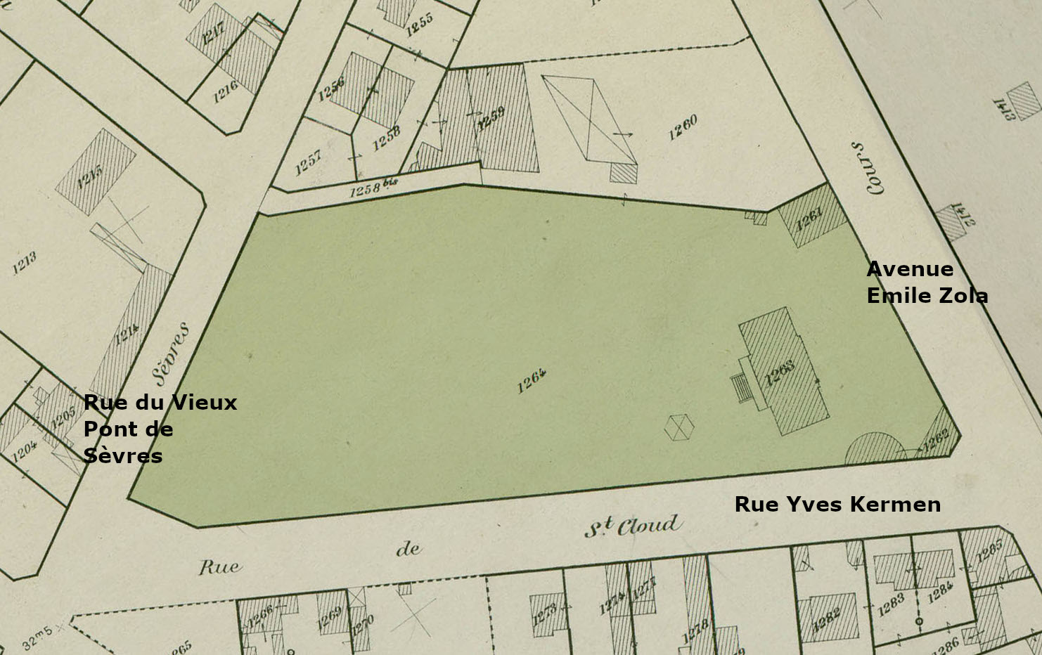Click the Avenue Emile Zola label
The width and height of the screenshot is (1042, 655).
click(x=927, y=282)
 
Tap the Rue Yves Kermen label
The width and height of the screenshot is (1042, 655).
click(x=837, y=504)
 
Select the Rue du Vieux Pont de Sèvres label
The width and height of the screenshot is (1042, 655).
click(x=160, y=429)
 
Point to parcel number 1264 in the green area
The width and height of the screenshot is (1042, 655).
click(x=532, y=381)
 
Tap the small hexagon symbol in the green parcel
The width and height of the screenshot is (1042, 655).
click(x=679, y=427)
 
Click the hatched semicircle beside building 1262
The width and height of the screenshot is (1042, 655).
click(x=876, y=450)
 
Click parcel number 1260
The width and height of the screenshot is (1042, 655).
click(x=683, y=127)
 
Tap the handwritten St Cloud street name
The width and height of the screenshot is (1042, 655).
click(x=633, y=526)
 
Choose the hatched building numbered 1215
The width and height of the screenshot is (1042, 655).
click(x=95, y=171)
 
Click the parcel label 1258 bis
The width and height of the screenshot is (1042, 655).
click(x=373, y=188)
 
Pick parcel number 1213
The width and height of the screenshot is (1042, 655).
click(x=24, y=262)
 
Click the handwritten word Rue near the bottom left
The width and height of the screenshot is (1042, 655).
click(x=219, y=566)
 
